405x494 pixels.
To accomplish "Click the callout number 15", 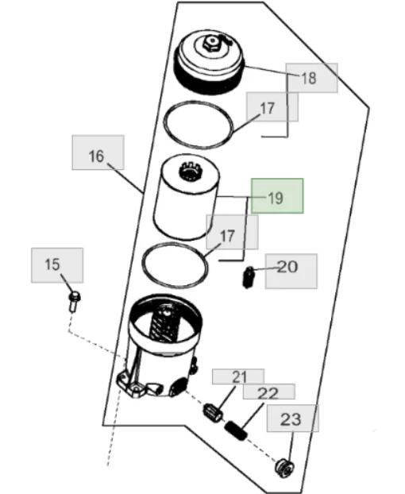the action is point(52,264).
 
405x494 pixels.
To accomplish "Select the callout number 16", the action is point(96,156).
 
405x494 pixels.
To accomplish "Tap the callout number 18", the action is point(309,78).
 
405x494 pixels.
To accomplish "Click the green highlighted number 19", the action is point(276,199).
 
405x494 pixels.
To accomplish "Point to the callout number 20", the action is point(287,267).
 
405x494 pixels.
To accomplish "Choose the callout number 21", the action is point(240,377).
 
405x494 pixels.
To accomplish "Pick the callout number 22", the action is point(268,393).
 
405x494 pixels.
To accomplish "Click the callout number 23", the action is point(291,419).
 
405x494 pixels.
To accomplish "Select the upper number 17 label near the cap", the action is point(267,108).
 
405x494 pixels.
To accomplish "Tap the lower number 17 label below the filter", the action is point(227,236).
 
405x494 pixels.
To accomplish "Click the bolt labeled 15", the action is point(75,301).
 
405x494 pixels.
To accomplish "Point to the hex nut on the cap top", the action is point(210,43).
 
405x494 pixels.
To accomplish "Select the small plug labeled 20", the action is point(249,277).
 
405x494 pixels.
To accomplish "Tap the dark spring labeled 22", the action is point(236,430).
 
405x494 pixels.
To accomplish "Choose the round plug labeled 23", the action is point(285,467).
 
